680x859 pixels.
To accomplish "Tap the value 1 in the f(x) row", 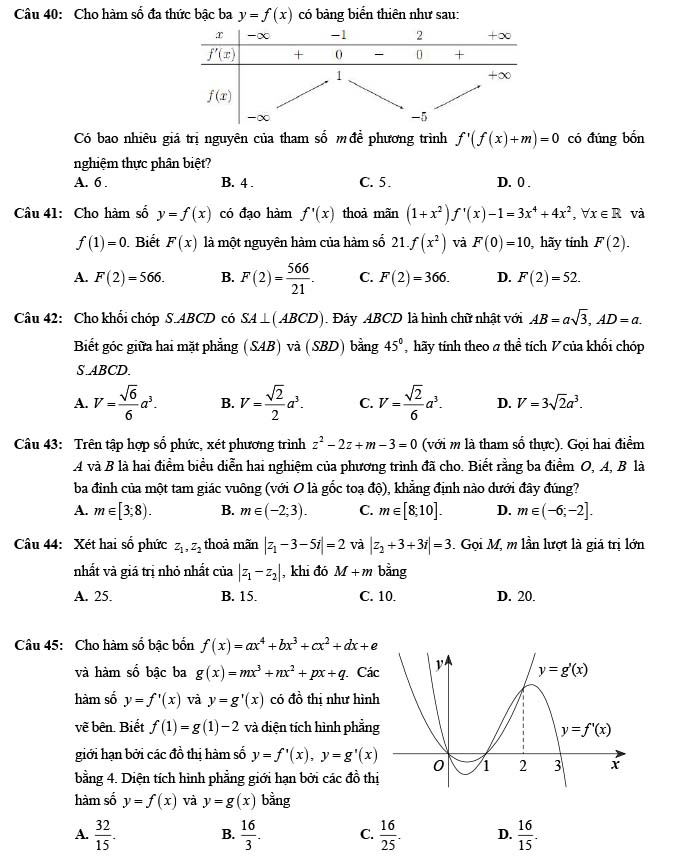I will click(x=338, y=75).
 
